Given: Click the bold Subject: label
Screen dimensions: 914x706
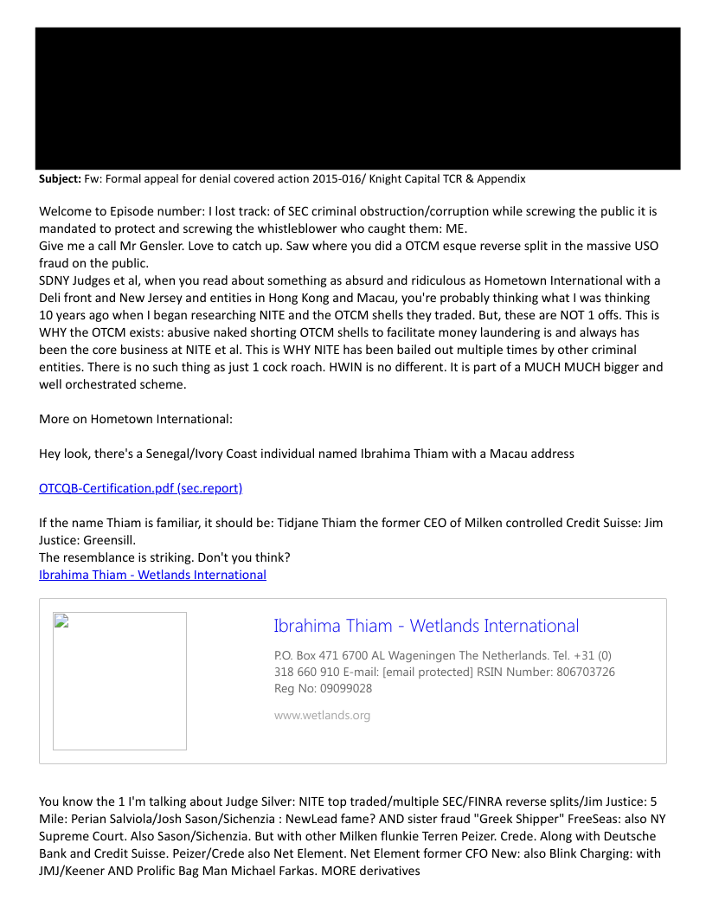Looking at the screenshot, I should (60, 179).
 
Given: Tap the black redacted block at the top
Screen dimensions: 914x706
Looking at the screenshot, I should (357, 98).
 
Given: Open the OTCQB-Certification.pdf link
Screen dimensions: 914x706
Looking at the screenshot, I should (140, 488).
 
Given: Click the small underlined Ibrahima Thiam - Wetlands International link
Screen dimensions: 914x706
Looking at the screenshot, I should (152, 575).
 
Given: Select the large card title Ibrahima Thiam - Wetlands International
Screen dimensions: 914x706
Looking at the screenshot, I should (426, 626).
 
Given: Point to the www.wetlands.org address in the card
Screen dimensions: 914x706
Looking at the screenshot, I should (322, 715).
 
